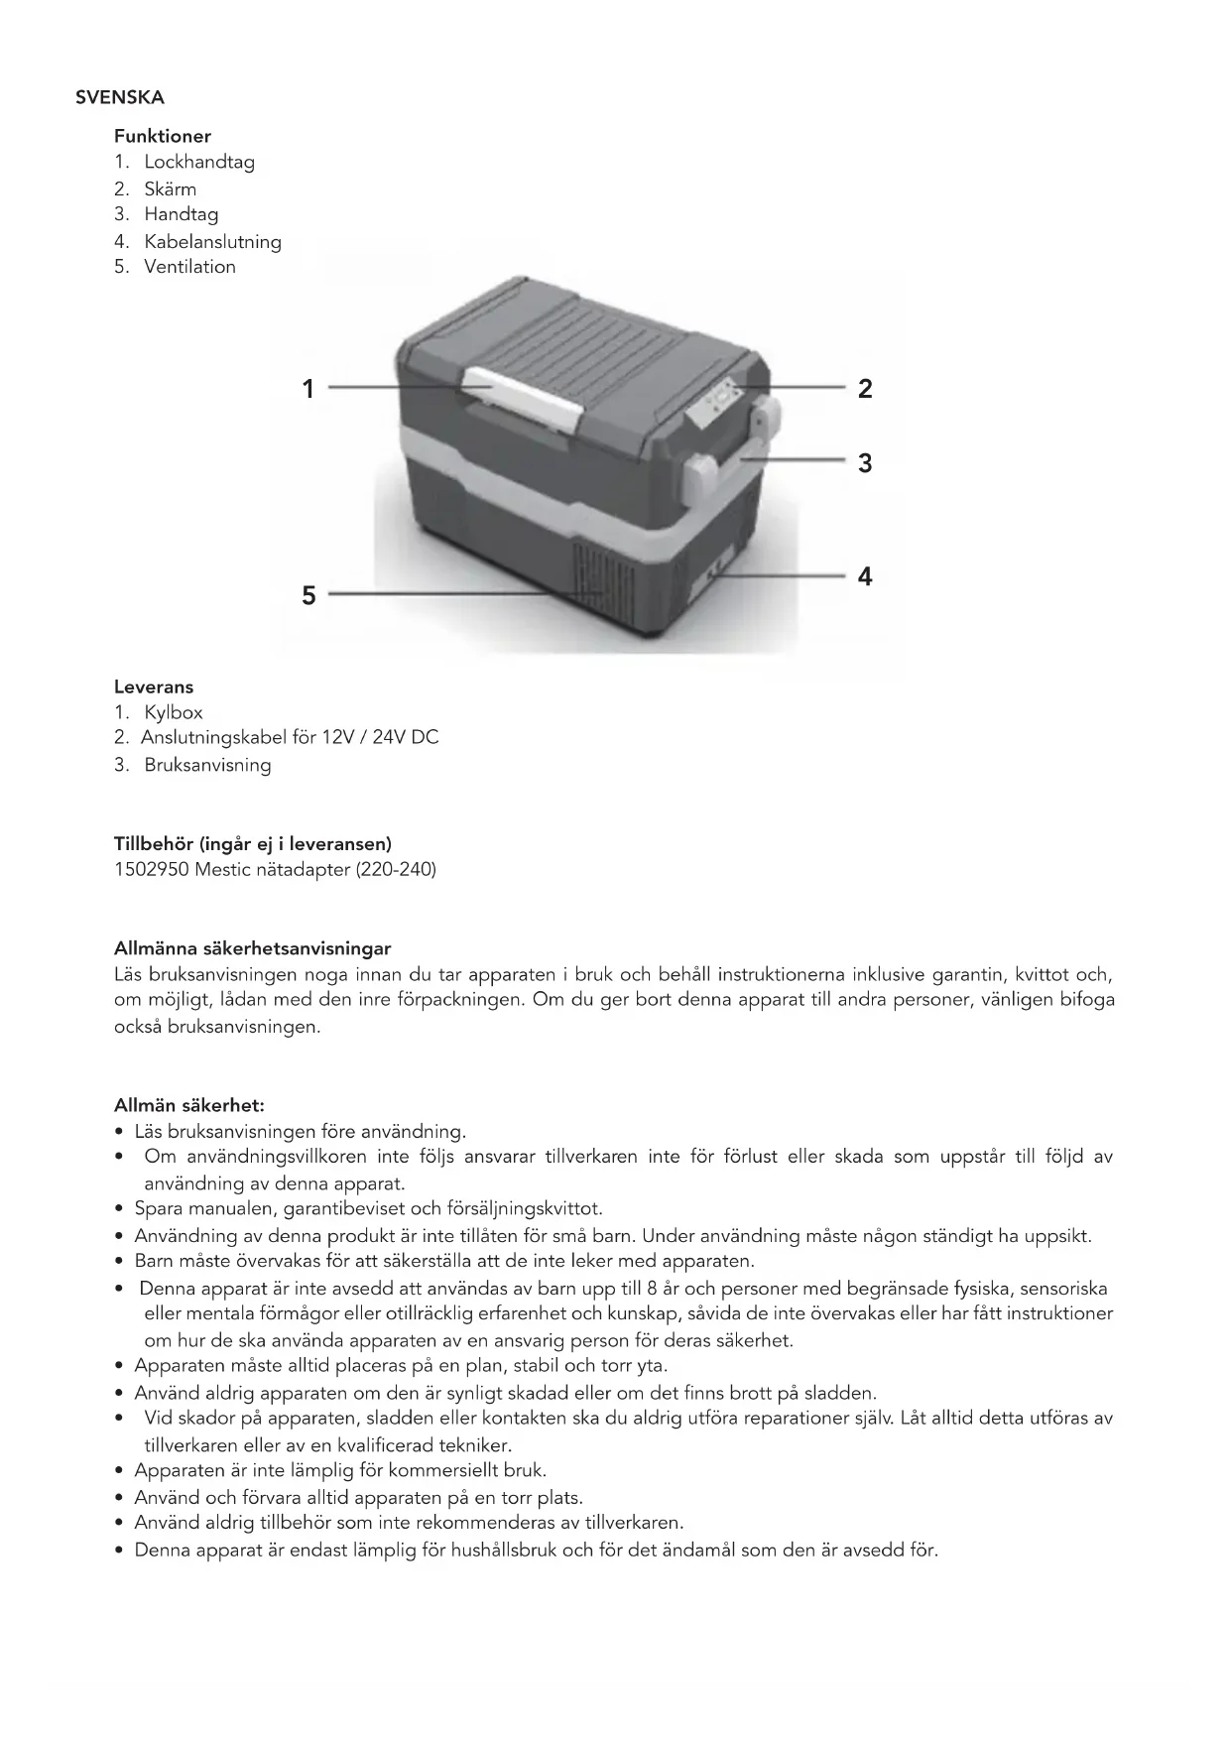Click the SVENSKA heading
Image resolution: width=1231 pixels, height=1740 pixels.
[119, 98]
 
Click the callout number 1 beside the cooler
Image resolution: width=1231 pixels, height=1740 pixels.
[308, 389]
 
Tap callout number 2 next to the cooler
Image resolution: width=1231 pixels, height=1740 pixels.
[865, 389]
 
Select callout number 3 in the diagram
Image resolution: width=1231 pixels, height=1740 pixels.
[865, 463]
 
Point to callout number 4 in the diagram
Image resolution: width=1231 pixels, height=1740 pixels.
[865, 576]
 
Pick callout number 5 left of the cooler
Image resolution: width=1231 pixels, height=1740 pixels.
[308, 595]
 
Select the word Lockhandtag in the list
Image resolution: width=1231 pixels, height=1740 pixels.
[199, 162]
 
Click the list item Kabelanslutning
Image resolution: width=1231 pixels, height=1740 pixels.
[212, 241]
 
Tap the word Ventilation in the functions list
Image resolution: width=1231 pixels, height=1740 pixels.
[189, 267]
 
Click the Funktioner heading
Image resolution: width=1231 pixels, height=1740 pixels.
[162, 136]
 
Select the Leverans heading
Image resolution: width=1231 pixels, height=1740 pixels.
[154, 686]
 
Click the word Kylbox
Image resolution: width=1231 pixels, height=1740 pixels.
[174, 712]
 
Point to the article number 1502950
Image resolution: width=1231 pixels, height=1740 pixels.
[151, 870]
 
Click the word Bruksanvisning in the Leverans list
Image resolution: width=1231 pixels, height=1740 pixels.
[207, 765]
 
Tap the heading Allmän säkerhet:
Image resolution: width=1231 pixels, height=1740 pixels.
[188, 1105]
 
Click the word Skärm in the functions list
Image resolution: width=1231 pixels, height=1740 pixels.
[170, 188]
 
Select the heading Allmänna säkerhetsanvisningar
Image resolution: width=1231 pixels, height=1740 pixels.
[252, 948]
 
